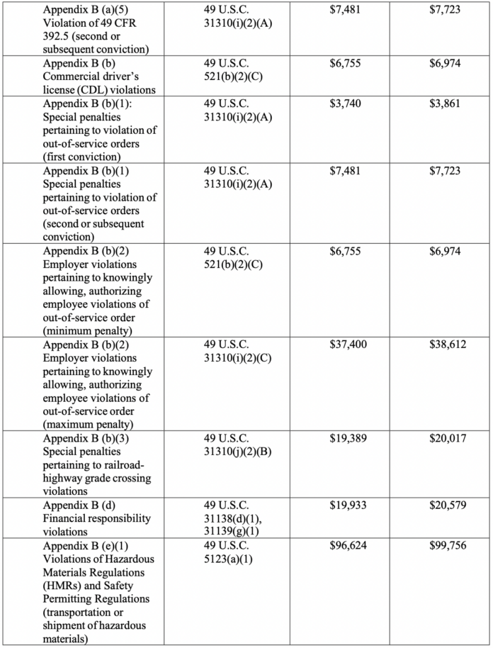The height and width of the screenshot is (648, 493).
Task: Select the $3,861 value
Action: (x=445, y=103)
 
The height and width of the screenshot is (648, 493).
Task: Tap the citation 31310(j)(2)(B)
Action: (x=238, y=452)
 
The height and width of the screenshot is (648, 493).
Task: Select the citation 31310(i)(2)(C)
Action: (x=238, y=357)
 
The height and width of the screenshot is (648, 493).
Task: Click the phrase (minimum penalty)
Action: (x=87, y=330)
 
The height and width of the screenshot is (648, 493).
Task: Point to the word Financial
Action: (x=67, y=518)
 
